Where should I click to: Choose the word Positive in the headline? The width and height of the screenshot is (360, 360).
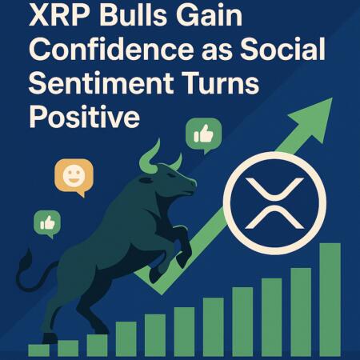coord(84,118)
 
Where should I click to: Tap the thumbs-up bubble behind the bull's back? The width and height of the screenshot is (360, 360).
coord(47,223)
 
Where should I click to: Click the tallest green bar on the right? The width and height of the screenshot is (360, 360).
coord(330,299)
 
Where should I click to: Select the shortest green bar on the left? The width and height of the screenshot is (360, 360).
coord(38,350)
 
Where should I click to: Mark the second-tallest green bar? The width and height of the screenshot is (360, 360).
coord(301,312)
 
